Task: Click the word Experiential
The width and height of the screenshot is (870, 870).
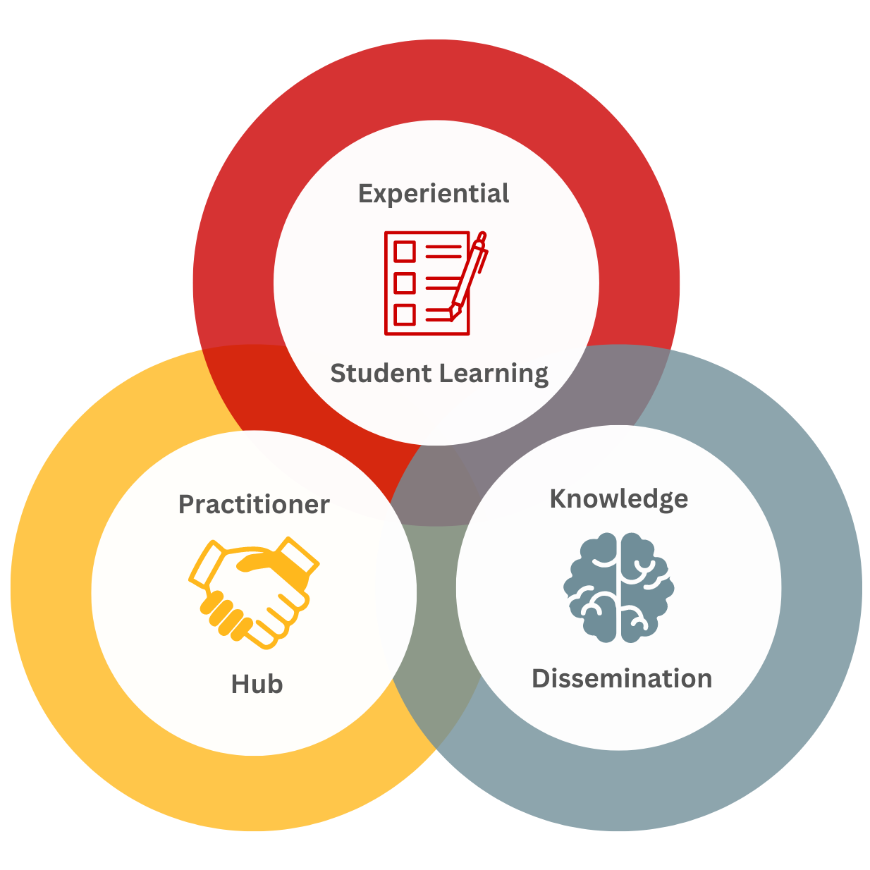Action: pyautogui.click(x=434, y=193)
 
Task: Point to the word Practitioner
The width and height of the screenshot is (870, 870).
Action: pyautogui.click(x=254, y=505)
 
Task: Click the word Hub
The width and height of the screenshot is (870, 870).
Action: pyautogui.click(x=257, y=684)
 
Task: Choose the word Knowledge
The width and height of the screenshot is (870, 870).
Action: pyautogui.click(x=618, y=499)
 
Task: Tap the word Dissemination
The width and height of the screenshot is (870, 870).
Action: pyautogui.click(x=622, y=678)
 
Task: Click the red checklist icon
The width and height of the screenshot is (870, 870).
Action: pyautogui.click(x=427, y=283)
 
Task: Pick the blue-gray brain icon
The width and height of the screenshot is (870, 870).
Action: pyautogui.click(x=618, y=587)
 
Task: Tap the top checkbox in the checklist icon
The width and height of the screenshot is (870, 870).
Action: pyautogui.click(x=405, y=252)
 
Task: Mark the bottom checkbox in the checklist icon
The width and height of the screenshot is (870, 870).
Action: pyautogui.click(x=405, y=314)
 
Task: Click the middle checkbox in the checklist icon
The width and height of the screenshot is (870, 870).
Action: pyautogui.click(x=405, y=283)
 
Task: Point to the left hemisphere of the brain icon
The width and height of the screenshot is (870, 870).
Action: pyautogui.click(x=592, y=587)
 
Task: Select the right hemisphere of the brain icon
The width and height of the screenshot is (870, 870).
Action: pyautogui.click(x=645, y=587)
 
